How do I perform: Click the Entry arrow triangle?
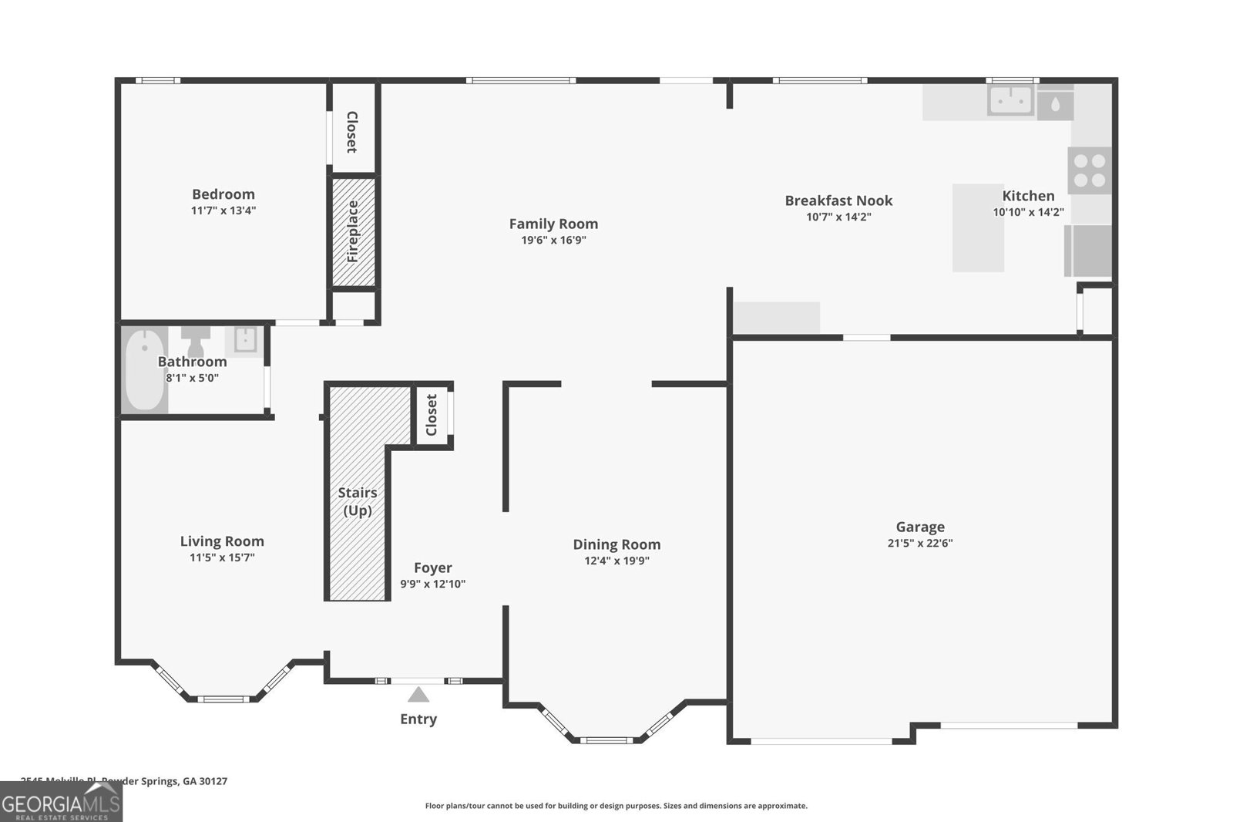(418, 695)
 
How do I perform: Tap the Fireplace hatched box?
(354, 232)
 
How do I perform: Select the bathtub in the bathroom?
(144, 371)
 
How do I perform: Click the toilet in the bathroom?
(196, 339)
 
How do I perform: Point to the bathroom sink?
(244, 340)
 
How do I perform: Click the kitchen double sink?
(1011, 101)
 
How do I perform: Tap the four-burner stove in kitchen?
(1090, 170)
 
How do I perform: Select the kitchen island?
(977, 228)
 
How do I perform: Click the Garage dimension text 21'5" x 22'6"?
(919, 543)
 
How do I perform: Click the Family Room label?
(553, 224)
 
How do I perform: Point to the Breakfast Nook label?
(838, 200)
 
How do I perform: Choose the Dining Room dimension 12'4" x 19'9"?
(616, 561)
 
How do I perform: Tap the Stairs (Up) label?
(358, 501)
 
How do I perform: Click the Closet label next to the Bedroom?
(352, 132)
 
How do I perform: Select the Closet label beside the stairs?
(432, 415)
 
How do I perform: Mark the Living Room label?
(222, 541)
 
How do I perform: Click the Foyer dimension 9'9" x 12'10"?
(432, 584)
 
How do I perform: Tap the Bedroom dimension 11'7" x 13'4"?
(223, 211)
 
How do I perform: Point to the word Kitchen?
(1028, 196)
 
